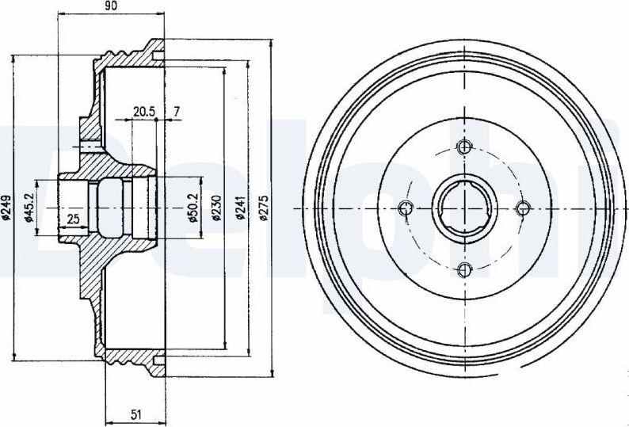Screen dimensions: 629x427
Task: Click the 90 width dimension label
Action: click(x=112, y=6)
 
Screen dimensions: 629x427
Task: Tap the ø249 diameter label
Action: click(x=6, y=208)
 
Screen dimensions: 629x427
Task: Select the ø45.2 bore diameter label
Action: click(x=28, y=207)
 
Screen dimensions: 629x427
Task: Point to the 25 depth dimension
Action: click(x=73, y=219)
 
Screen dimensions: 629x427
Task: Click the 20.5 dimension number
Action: click(x=144, y=112)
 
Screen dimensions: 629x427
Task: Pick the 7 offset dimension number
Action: click(x=177, y=111)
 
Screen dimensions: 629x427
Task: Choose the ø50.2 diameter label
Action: click(x=193, y=208)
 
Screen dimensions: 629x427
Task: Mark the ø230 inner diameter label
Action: click(x=216, y=208)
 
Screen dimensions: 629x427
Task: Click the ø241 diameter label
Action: click(x=240, y=208)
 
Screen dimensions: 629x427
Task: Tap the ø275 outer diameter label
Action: click(x=264, y=208)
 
